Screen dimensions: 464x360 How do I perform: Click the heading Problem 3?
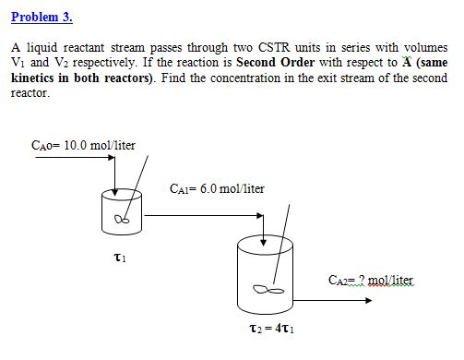click(x=42, y=18)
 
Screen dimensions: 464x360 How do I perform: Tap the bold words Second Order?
click(x=270, y=63)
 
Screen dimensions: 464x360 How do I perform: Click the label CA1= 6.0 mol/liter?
click(x=218, y=188)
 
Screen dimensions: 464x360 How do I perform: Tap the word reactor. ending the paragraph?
click(x=30, y=93)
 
